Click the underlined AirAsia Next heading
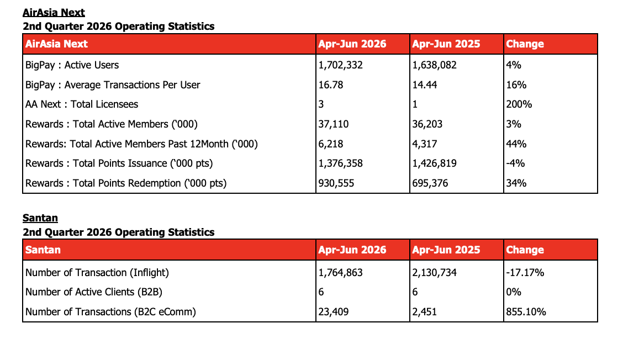click(x=54, y=13)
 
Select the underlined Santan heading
click(x=40, y=218)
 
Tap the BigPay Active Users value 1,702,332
click(x=341, y=65)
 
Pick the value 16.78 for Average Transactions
click(x=331, y=85)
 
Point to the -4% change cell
click(x=515, y=163)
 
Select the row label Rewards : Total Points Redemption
click(x=126, y=183)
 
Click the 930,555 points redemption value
click(x=336, y=183)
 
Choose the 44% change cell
click(x=516, y=144)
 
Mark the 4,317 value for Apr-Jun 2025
click(x=424, y=144)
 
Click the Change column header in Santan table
click(x=525, y=250)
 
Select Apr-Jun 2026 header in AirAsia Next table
click(x=352, y=44)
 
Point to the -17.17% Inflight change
click(x=525, y=273)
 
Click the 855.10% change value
click(x=526, y=312)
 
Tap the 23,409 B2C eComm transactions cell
click(x=334, y=312)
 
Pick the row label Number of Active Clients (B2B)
click(x=94, y=292)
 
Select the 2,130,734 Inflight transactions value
click(x=434, y=273)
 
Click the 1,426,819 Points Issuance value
click(x=434, y=163)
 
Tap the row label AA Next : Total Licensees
click(x=82, y=104)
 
